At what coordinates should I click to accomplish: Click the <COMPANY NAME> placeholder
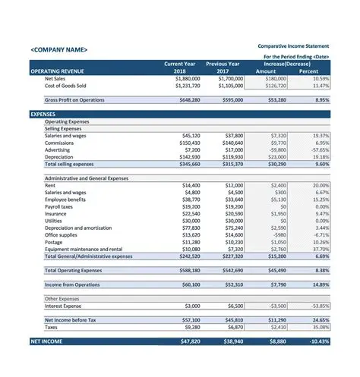click(x=59, y=50)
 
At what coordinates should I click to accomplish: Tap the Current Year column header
click(x=180, y=64)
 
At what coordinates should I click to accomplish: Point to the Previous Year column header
click(x=223, y=64)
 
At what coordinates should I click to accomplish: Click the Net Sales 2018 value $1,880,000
click(x=187, y=78)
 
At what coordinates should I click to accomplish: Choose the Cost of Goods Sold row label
click(x=65, y=86)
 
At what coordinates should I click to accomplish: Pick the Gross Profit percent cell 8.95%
click(x=322, y=99)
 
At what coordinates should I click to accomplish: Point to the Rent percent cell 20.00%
click(x=321, y=185)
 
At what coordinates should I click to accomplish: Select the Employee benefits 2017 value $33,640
click(x=230, y=199)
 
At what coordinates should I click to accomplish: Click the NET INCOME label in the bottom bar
click(x=46, y=342)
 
